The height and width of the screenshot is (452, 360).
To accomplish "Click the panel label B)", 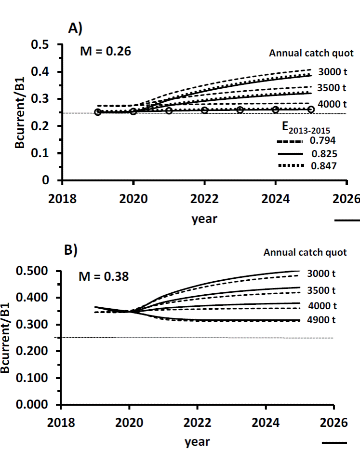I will pos(72,250).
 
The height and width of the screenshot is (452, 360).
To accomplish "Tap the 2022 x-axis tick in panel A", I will pos(205,199).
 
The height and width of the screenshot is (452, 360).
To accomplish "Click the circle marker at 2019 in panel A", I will pos(98,112).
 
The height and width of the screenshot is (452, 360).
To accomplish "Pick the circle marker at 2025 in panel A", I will pos(311,109).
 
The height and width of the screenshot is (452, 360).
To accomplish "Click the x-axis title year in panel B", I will pos(198,441).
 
